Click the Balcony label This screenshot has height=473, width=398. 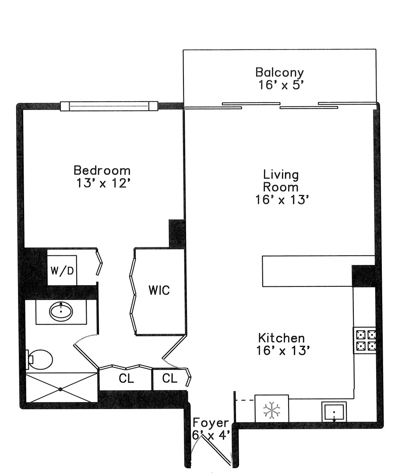coord(279,73)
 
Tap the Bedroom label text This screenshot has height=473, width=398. coord(102,170)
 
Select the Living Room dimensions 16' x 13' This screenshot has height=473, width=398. coord(282,200)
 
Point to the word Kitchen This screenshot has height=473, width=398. coord(282,338)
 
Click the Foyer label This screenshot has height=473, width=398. coord(211,423)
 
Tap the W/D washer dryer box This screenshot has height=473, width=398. coord(62,270)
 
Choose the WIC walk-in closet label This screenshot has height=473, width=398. coord(159,290)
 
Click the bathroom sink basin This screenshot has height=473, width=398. coord(61,312)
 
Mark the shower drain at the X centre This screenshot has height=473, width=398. coord(60,389)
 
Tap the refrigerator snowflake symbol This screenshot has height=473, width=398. coord(271,410)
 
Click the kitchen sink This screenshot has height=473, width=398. coord(334,412)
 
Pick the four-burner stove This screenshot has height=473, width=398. coord(365,340)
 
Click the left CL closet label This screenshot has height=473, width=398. coord(126,378)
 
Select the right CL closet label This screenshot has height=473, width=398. coord(170,378)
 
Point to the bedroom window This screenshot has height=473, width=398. coord(109,106)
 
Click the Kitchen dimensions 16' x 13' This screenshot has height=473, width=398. coord(283,350)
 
